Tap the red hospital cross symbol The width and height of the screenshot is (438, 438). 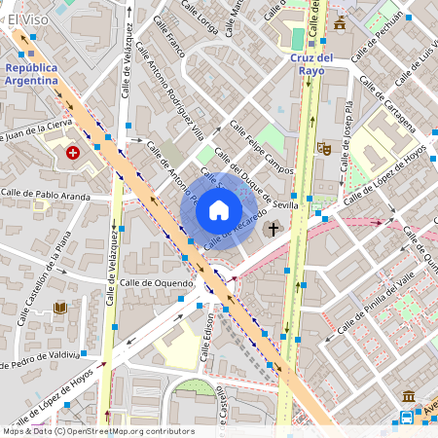pyautogui.click(x=73, y=153)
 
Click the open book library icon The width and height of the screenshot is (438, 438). pyautogui.click(x=60, y=309)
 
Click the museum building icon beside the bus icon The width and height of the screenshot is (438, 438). pyautogui.click(x=408, y=398)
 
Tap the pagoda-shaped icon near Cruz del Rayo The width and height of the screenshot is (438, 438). pyautogui.click(x=340, y=23)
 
